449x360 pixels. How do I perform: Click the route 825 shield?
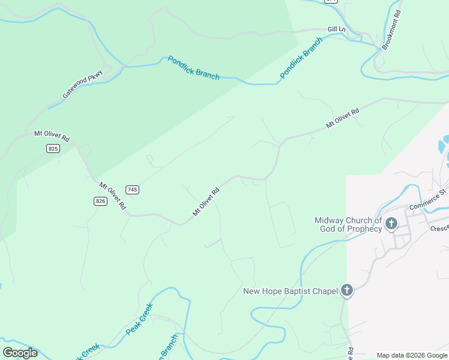53,148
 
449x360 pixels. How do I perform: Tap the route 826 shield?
100,201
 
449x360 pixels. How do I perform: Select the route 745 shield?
133,190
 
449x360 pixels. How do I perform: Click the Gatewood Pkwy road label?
83,85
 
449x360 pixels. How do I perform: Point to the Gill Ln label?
337,29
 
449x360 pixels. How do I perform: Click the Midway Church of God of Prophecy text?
348,224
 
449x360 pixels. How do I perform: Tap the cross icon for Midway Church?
391,224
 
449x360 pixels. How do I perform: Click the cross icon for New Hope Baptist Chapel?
346,291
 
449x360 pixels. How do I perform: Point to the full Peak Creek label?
139,319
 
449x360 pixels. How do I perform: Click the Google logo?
20,353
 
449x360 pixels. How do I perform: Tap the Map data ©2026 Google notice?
412,355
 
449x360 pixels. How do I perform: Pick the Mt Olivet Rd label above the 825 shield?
52,136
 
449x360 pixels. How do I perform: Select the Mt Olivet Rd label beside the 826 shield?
112,196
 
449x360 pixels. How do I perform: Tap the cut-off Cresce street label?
439,229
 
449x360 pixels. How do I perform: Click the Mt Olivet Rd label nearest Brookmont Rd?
342,118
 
